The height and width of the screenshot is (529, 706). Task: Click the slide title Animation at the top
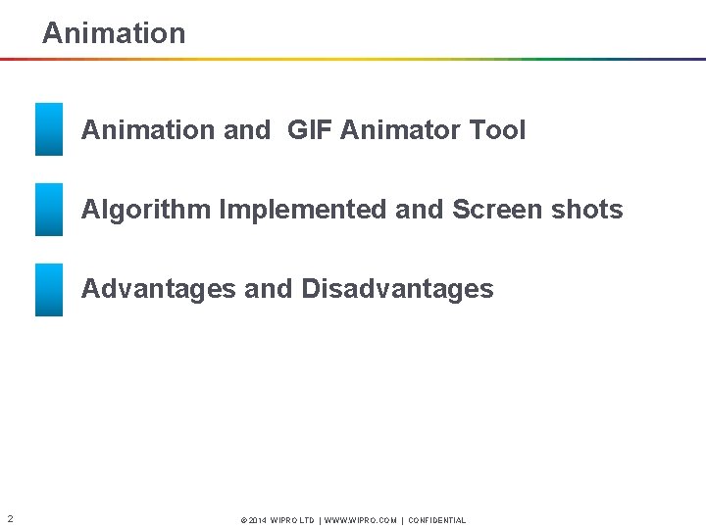click(x=114, y=33)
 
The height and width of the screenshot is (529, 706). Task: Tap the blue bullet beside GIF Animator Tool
click(x=49, y=129)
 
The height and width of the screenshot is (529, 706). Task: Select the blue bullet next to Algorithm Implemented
click(x=49, y=210)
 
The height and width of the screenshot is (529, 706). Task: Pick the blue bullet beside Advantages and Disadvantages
click(x=49, y=290)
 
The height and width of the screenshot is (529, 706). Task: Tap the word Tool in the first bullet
click(x=497, y=130)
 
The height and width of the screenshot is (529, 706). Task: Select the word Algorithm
click(x=147, y=210)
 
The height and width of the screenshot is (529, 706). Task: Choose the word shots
click(x=588, y=210)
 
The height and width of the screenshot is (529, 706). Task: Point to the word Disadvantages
click(x=398, y=289)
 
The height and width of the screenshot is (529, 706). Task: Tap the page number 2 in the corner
click(x=9, y=518)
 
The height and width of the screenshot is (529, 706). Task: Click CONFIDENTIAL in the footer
click(x=437, y=521)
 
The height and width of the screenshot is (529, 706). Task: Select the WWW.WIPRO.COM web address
click(x=360, y=521)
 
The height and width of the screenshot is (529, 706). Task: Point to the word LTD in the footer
click(x=306, y=521)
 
